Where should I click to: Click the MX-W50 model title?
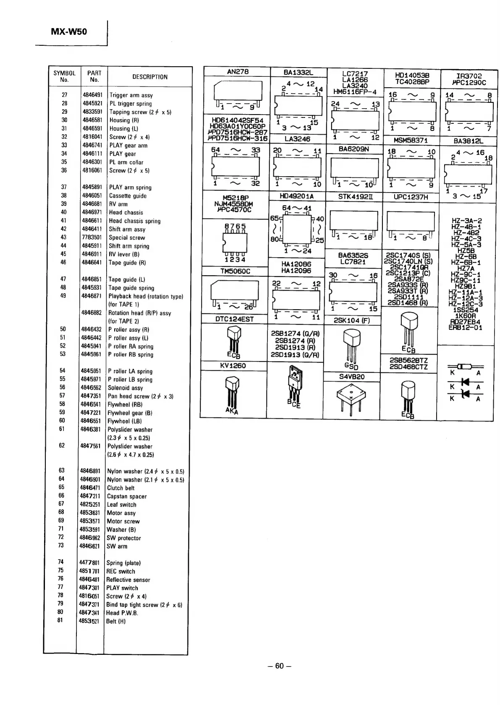click(x=69, y=32)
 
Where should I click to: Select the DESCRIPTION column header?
click(x=150, y=77)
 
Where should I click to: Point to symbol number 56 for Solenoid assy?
click(x=62, y=388)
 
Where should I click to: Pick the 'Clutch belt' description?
click(x=121, y=488)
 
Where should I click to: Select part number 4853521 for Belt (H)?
click(x=89, y=621)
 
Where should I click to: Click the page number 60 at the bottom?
click(x=280, y=666)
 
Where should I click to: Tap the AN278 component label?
click(x=238, y=72)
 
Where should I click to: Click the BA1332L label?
click(x=298, y=72)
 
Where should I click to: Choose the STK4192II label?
click(x=353, y=196)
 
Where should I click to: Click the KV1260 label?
click(x=233, y=366)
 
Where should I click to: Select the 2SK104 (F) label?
click(x=352, y=320)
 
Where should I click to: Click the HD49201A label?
click(x=297, y=196)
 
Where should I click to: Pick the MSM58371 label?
click(x=410, y=141)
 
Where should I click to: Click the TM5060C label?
click(x=236, y=271)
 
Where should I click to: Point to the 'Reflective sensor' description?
click(x=128, y=580)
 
